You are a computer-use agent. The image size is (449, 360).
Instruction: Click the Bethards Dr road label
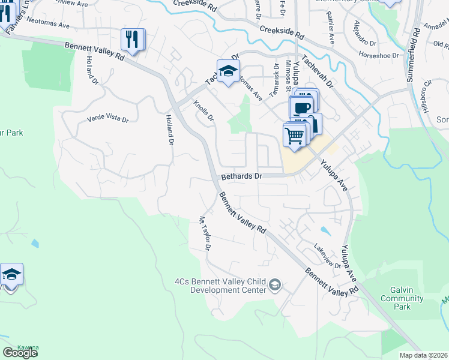click(242, 177)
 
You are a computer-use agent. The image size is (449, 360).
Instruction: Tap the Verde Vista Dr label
click(108, 119)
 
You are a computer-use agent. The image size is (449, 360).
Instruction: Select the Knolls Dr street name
click(204, 110)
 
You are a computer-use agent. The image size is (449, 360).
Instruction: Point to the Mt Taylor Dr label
click(205, 233)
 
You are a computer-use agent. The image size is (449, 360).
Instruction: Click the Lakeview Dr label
click(327, 257)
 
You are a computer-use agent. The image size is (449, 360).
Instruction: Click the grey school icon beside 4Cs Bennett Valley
click(276, 284)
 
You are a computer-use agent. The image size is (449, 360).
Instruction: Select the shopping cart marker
click(294, 135)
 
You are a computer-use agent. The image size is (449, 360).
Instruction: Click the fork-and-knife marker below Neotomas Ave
click(131, 40)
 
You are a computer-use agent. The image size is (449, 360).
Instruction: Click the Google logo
click(20, 353)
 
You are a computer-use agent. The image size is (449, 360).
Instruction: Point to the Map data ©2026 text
click(424, 355)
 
